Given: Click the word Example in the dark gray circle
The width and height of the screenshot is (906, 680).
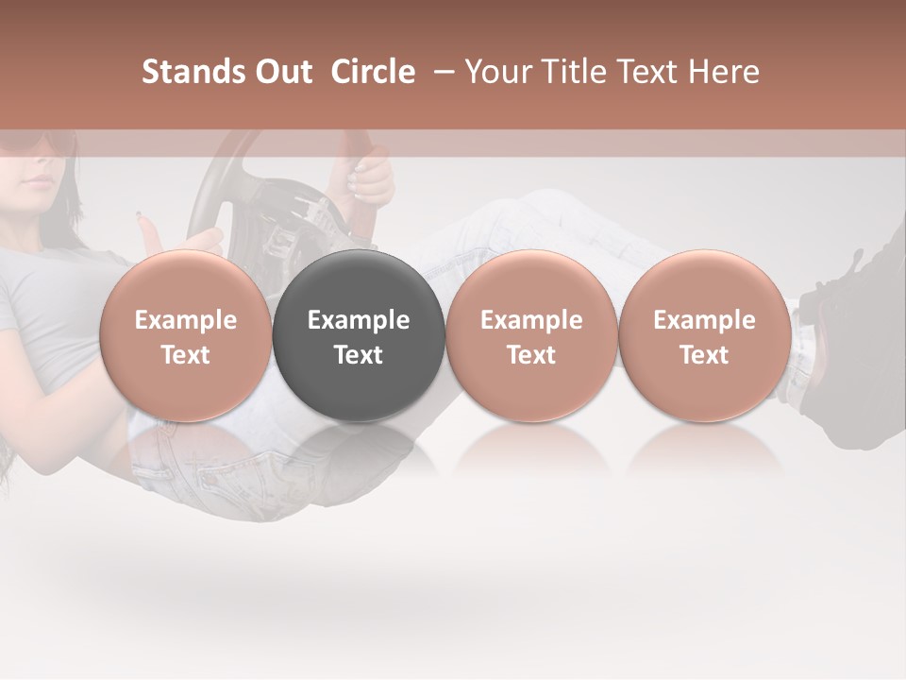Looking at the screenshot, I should click(358, 320).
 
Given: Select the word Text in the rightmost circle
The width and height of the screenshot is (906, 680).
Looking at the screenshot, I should click(704, 355).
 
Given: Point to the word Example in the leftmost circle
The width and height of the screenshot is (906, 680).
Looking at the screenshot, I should click(185, 320).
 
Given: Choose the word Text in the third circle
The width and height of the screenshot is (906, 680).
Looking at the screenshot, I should click(531, 355).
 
